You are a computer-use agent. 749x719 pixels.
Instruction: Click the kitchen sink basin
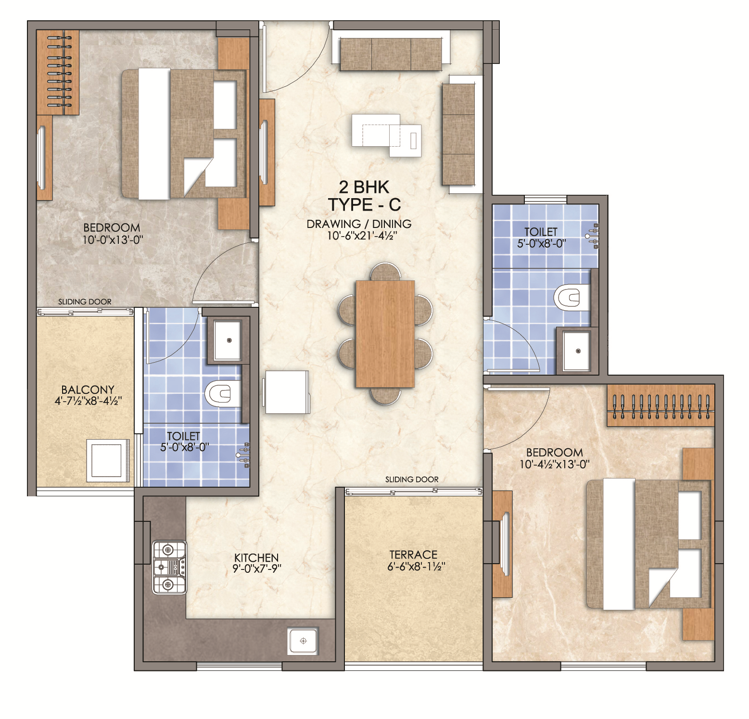(303, 641)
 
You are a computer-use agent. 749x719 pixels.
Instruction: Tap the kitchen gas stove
(169, 567)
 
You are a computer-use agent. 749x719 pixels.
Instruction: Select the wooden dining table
(385, 334)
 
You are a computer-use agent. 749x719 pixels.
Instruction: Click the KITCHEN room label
(256, 557)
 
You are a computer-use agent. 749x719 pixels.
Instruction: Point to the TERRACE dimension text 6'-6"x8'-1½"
(416, 567)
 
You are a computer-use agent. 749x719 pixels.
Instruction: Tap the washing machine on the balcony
(108, 460)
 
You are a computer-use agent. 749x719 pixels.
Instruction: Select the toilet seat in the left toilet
(223, 393)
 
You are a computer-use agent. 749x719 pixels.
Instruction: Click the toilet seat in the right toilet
(572, 297)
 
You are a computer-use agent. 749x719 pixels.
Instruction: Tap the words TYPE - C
(365, 204)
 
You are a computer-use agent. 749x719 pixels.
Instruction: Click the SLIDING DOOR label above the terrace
(412, 479)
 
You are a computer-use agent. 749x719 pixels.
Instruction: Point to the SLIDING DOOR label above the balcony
(85, 302)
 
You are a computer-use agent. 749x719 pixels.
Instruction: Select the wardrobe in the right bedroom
(660, 405)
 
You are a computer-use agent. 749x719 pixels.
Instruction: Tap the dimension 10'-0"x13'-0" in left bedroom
(113, 239)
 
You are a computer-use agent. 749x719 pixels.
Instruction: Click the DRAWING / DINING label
(359, 224)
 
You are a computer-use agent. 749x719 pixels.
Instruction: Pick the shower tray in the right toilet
(577, 350)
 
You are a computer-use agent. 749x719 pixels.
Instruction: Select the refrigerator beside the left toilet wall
(287, 391)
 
